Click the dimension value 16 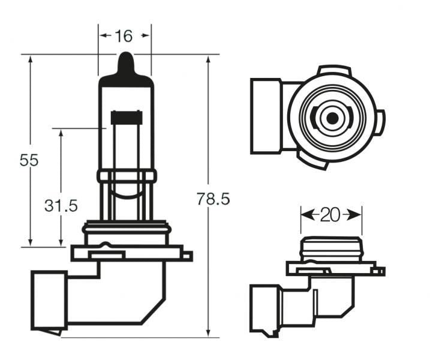(124, 36)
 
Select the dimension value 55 (29, 160)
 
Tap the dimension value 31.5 (61, 206)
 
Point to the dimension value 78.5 (214, 199)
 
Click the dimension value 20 (330, 215)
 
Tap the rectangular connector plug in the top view (266, 116)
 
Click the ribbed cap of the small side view (331, 248)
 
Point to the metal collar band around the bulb (126, 176)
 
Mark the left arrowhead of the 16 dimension (103, 36)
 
